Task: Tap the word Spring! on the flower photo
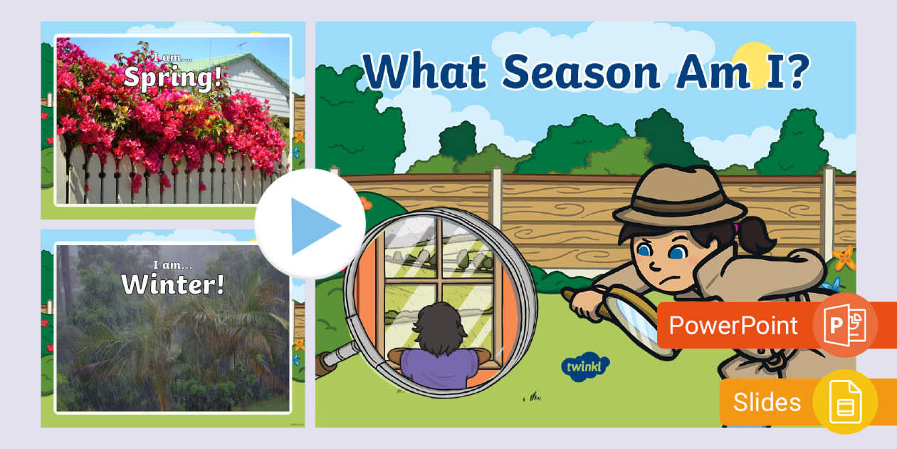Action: (x=173, y=77)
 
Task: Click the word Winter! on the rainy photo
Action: (x=173, y=284)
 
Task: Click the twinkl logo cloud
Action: (x=585, y=367)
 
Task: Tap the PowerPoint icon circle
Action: (x=845, y=325)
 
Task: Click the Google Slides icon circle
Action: (x=845, y=402)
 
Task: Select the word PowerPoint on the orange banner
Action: (x=733, y=326)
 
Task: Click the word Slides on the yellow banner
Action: (x=767, y=402)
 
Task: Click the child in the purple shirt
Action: (x=439, y=356)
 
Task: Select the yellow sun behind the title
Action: (x=752, y=60)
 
